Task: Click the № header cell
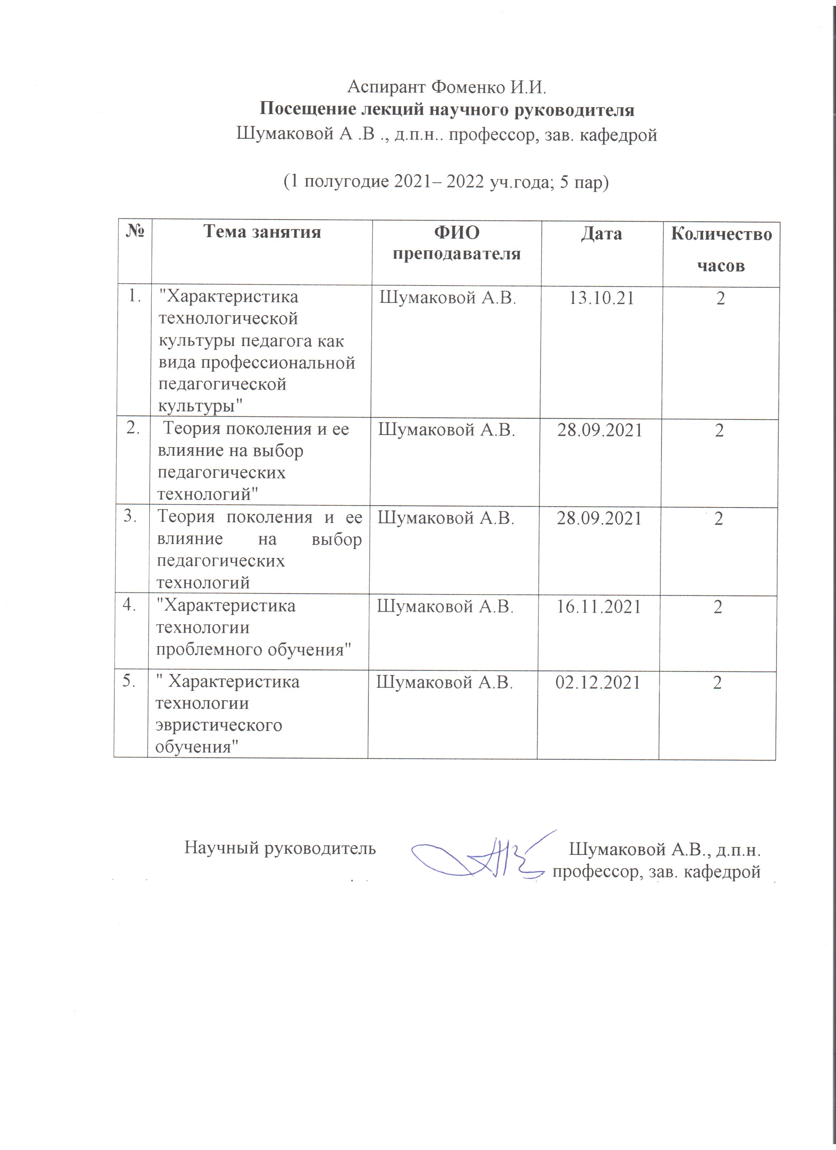[135, 232]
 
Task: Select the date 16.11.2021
[599, 606]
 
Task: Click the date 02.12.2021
[598, 683]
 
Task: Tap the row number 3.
[131, 516]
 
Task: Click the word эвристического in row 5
[218, 725]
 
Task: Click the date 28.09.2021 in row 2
[600, 430]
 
